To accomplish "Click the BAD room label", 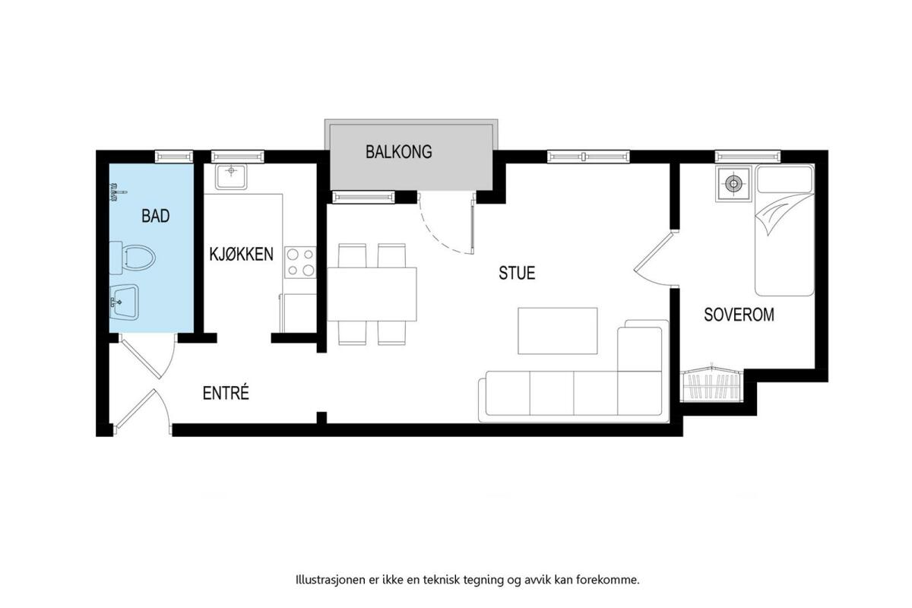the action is coord(156,216).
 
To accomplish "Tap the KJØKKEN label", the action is coord(241,254).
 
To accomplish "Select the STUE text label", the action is coord(517,273).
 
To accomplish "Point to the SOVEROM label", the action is coord(739,315).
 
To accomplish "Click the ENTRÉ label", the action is coord(226,393).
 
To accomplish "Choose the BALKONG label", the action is coord(398,151).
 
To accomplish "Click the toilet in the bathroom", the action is coord(133,258).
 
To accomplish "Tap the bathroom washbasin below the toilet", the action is coord(124,302).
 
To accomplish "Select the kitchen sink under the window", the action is coord(231,177).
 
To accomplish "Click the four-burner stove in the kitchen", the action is coord(300,262).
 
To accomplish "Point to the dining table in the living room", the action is coord(372,294).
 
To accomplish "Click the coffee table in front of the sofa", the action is coord(557,331).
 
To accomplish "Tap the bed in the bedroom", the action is coord(784,230).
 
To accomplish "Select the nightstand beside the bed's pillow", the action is coord(733,185).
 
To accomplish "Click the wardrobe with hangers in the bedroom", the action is coord(711,385).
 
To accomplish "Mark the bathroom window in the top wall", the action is coord(174,157).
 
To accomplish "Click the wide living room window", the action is coord(588,157).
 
